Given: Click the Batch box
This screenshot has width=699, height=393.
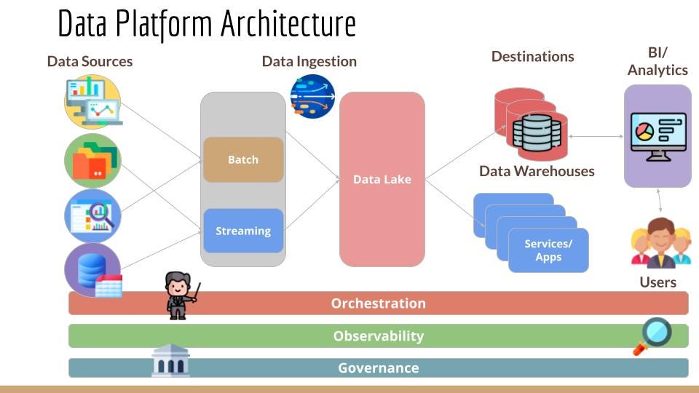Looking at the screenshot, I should [243, 159].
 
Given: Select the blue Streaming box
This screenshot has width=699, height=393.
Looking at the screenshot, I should [243, 231].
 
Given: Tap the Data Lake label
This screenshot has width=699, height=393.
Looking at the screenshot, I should [382, 179].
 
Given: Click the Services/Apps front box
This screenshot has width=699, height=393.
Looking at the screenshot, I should [548, 250].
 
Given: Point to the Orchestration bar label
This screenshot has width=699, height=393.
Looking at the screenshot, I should [378, 303].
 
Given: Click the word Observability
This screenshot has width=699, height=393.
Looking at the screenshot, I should [378, 336].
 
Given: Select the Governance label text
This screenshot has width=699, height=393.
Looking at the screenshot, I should [378, 368].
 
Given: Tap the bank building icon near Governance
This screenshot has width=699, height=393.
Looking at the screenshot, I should [170, 360].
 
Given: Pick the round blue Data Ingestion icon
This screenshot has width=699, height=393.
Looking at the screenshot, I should [312, 96].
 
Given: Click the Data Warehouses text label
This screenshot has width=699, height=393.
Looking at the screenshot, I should [537, 172].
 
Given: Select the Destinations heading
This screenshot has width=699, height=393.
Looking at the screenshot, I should [532, 57].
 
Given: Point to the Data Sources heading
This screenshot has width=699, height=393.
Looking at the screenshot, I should [90, 61].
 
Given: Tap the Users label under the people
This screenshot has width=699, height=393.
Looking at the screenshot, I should [657, 282].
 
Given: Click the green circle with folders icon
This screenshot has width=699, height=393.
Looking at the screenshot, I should [92, 161].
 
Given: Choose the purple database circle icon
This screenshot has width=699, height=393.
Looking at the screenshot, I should [92, 269].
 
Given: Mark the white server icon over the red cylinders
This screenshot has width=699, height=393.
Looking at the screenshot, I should [537, 132].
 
